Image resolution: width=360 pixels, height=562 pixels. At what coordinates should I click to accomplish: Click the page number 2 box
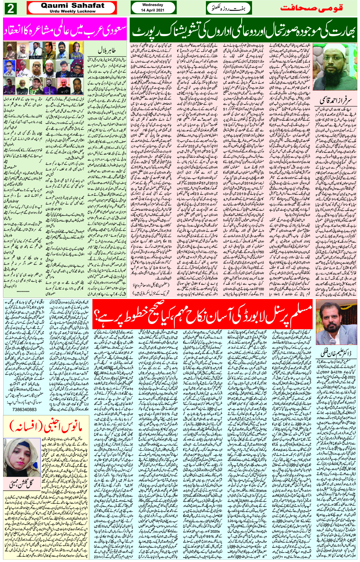click(x=10, y=8)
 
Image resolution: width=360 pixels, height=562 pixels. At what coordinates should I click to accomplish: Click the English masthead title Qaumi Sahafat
click(x=72, y=6)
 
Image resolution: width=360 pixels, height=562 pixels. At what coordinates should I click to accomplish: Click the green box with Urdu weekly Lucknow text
click(x=229, y=8)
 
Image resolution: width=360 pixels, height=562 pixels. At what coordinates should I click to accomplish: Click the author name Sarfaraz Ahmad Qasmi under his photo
click(x=334, y=100)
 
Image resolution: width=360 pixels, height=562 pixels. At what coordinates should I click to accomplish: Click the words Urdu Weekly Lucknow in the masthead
click(x=72, y=12)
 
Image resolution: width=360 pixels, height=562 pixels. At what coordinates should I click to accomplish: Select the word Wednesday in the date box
click(x=153, y=5)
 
